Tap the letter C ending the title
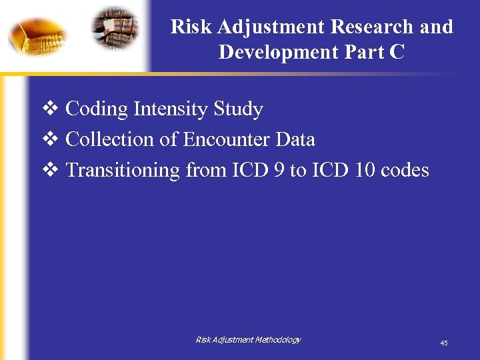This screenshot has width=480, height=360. click(397, 53)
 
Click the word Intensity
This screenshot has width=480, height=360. click(171, 109)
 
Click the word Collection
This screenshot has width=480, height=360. click(111, 139)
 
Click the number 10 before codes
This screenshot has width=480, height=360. click(364, 171)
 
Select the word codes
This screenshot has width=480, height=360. click(405, 171)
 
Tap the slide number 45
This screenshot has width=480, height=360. click(443, 343)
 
